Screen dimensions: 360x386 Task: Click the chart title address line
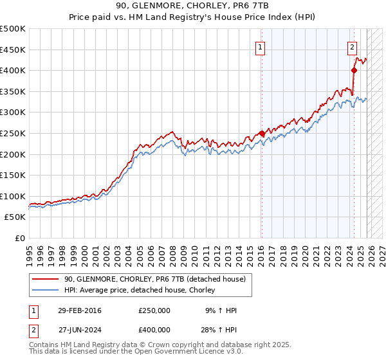[193, 6]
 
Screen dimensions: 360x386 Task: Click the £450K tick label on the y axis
[13, 50]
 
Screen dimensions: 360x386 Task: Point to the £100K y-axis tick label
[13, 196]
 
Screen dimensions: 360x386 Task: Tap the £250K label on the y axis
[13, 133]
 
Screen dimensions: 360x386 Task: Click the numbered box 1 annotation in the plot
[261, 46]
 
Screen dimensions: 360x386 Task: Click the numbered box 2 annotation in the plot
[353, 46]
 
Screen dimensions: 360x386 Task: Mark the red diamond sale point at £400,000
[354, 70]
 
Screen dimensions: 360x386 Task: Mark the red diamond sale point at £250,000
[262, 133]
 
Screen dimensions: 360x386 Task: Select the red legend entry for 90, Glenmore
[154, 280]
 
